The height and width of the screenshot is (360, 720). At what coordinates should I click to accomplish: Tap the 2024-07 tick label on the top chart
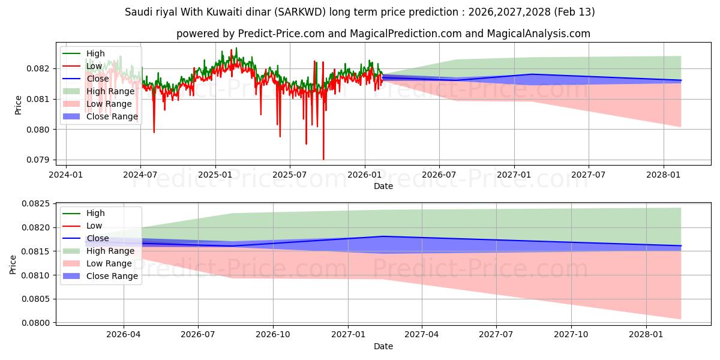point(140,175)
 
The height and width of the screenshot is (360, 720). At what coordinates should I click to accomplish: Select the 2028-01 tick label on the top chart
point(664,175)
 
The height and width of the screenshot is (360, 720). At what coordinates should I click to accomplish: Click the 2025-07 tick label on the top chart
point(290,175)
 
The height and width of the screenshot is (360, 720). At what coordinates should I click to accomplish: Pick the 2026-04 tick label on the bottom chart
point(124,334)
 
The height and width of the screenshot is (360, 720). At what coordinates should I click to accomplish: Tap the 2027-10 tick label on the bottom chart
point(571,334)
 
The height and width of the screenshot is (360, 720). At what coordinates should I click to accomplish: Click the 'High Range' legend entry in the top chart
point(110,91)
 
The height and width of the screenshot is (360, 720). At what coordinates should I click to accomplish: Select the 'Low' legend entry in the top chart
point(94,66)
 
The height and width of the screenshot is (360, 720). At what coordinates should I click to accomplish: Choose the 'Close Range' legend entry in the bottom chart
point(112,276)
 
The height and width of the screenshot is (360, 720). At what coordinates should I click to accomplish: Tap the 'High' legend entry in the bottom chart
point(95,213)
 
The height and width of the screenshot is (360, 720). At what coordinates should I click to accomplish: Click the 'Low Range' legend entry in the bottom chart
point(109,263)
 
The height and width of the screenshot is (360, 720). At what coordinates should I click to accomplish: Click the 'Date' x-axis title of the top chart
point(383,186)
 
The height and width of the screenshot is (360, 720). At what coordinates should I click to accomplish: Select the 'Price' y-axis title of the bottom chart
point(13,263)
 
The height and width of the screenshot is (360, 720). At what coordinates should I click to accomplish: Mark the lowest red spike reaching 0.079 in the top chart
point(323,159)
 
